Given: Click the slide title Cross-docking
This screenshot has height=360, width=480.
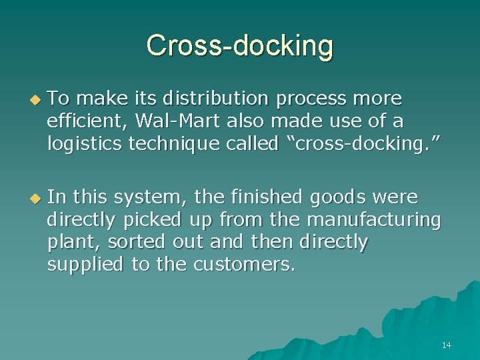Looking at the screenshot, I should (x=239, y=46).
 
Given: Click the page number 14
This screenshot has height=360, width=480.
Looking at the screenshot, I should (x=446, y=345).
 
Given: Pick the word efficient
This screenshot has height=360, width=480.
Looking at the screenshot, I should (x=89, y=122).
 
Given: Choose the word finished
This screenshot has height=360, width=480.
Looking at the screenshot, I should (x=261, y=197).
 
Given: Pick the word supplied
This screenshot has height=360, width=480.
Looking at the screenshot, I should (x=85, y=265).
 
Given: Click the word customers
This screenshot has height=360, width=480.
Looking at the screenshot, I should (x=243, y=265).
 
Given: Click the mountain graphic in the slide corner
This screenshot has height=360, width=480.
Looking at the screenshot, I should (x=400, y=327).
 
